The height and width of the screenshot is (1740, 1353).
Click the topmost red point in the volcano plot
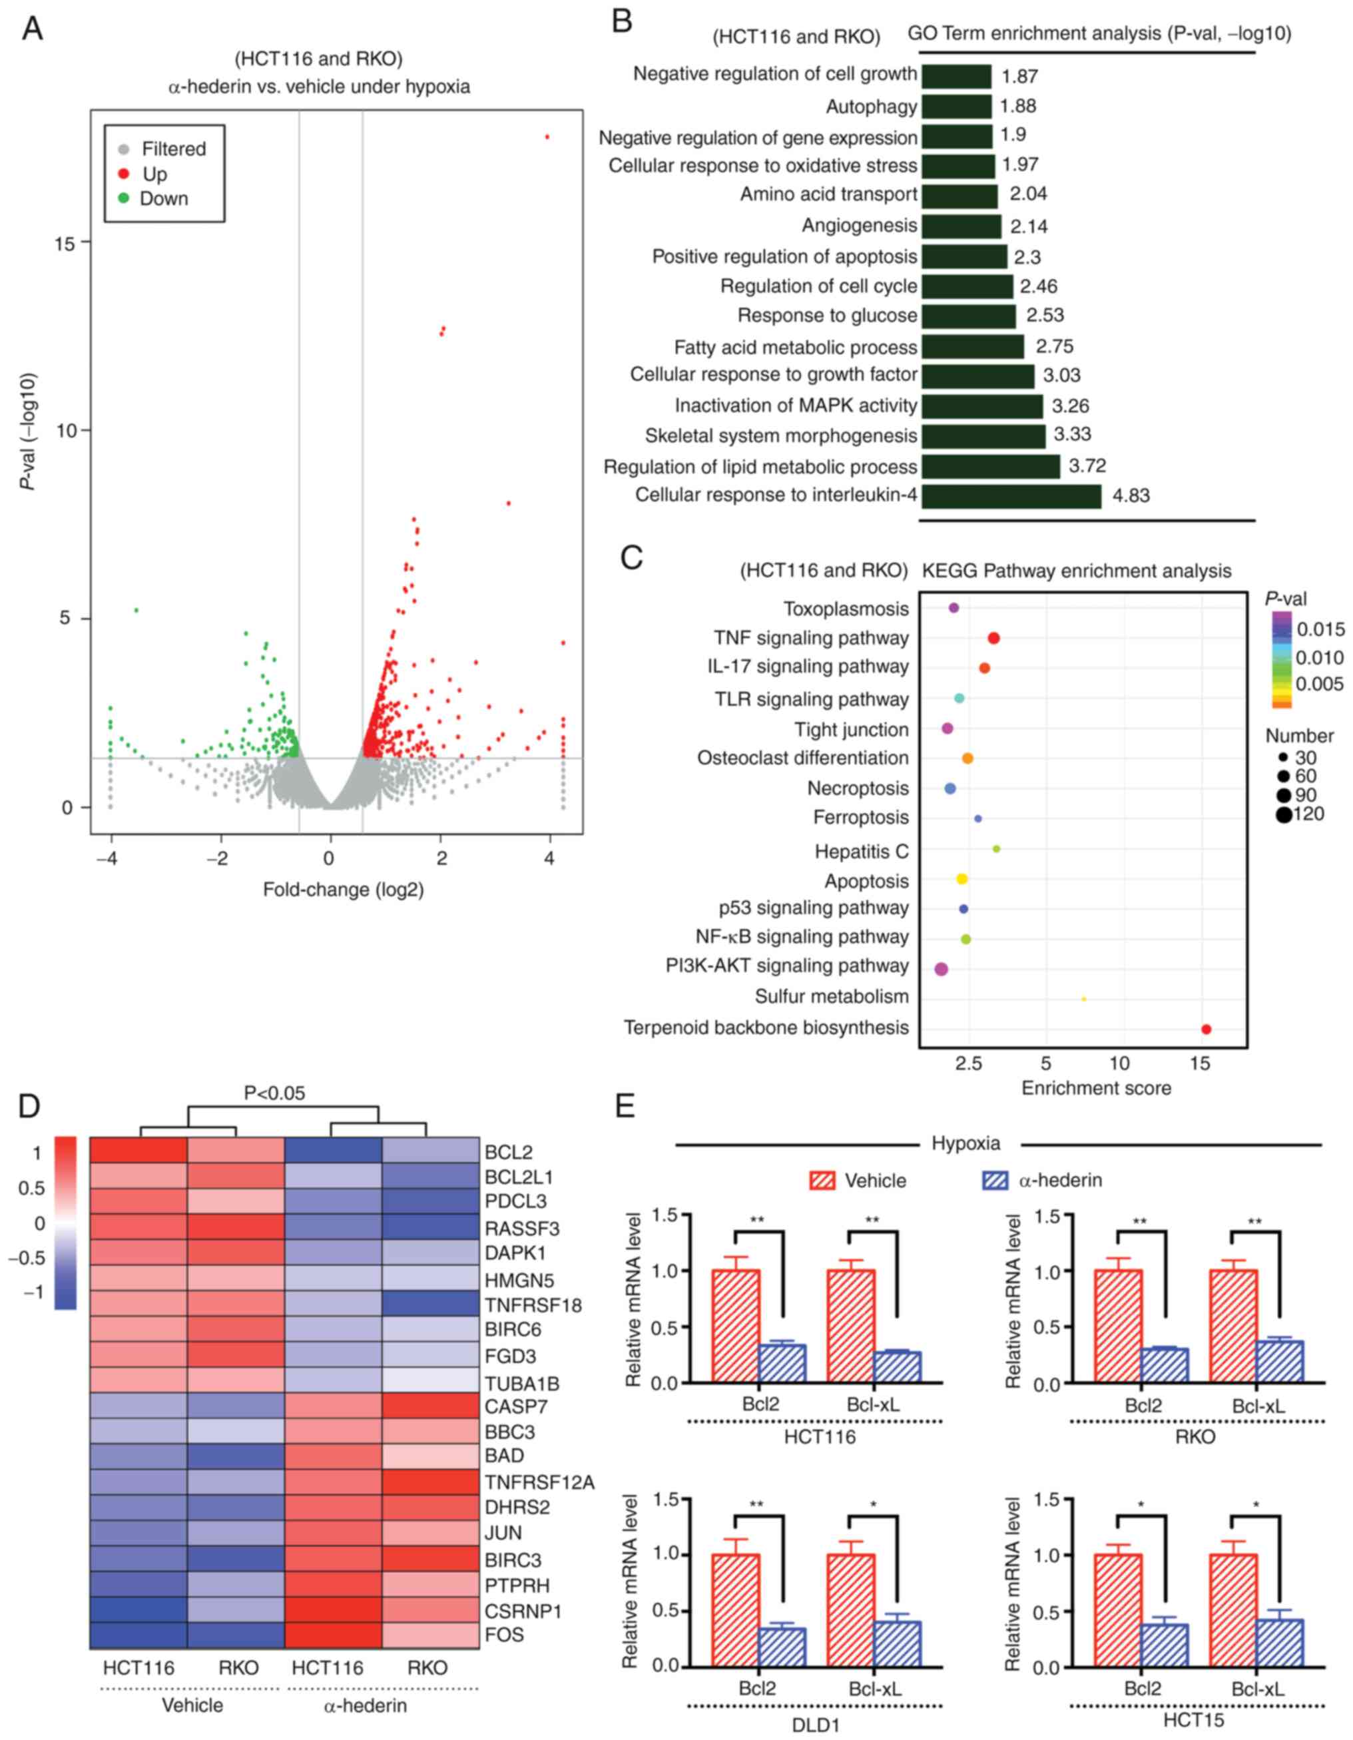point(547,137)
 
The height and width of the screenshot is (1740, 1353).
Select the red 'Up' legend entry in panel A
point(154,174)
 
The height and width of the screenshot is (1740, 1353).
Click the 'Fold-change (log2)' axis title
point(344,890)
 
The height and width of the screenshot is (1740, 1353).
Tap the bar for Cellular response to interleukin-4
point(1010,496)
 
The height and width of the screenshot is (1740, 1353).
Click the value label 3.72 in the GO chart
point(1087,466)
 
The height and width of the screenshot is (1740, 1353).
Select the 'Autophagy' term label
point(871,107)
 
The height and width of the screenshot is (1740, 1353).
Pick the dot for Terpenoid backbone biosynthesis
point(1206,1029)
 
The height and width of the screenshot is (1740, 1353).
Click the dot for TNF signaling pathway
point(993,638)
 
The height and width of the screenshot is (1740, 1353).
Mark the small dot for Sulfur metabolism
point(1084,998)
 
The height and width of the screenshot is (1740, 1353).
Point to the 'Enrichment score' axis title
point(1097,1088)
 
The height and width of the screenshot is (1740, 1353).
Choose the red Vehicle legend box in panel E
point(822,1180)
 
